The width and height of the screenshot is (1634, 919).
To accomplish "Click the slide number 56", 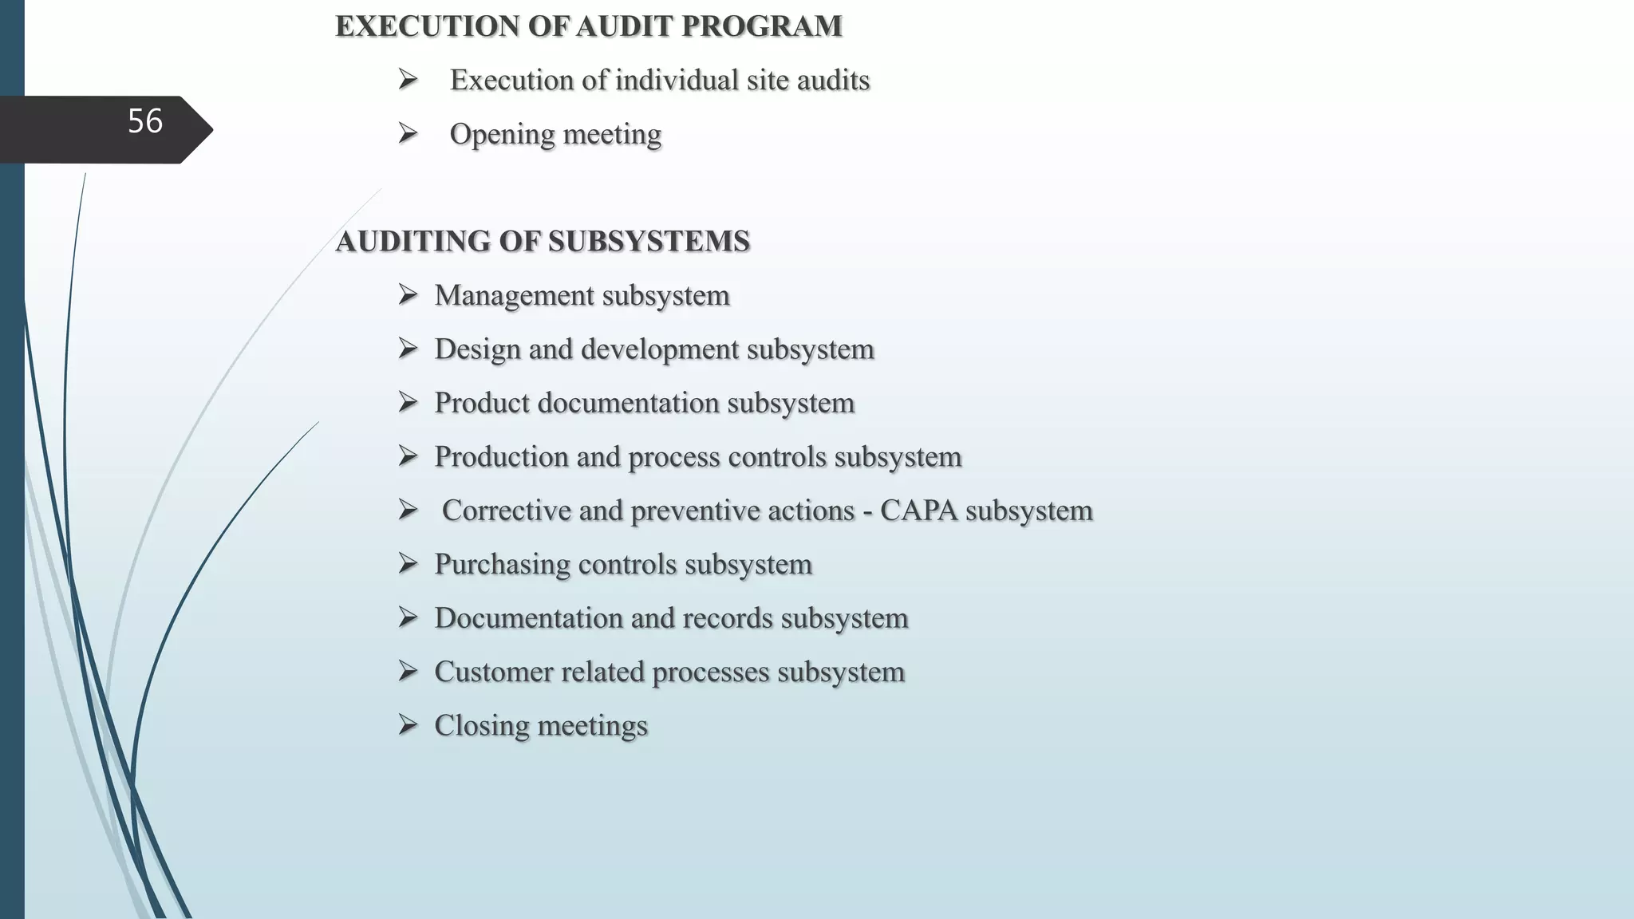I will tap(145, 121).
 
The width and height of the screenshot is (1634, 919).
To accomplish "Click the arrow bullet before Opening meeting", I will tap(408, 133).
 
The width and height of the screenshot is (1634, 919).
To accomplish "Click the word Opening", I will tap(502, 135).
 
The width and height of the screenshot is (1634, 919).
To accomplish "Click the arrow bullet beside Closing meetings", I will tap(408, 725).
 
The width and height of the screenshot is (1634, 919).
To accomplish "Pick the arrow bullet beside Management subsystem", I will tap(408, 295).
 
